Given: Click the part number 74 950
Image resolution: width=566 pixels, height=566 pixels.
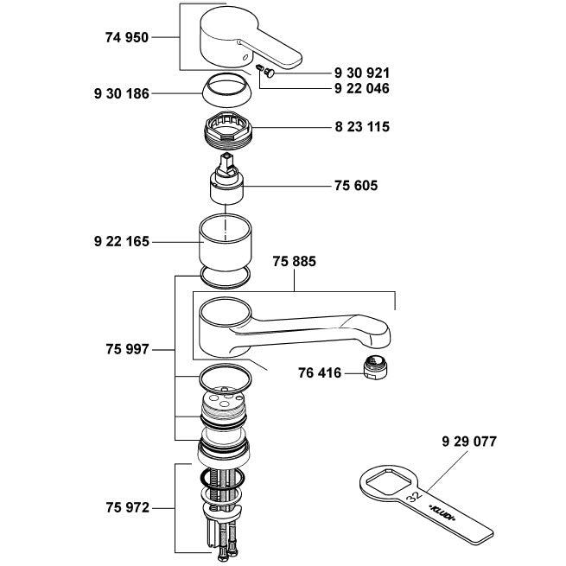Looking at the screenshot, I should [126, 37].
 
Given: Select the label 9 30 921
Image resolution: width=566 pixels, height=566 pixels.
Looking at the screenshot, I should [361, 73].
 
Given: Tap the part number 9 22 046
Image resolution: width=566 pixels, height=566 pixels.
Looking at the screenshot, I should [361, 88].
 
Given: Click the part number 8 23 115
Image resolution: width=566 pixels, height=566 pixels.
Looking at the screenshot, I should [361, 127].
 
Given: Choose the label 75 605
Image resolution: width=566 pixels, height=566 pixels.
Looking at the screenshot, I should [355, 185].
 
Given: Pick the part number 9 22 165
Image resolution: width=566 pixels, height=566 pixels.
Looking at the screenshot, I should [120, 243].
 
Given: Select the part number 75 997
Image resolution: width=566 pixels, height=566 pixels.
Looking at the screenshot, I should [126, 350].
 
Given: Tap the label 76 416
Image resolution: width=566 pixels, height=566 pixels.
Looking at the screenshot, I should [319, 373].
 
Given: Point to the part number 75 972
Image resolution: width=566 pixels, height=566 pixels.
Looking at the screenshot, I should [126, 508].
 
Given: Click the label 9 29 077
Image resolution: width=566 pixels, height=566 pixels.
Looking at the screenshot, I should [468, 442].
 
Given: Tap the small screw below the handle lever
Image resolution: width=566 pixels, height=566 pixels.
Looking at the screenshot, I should [267, 74].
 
